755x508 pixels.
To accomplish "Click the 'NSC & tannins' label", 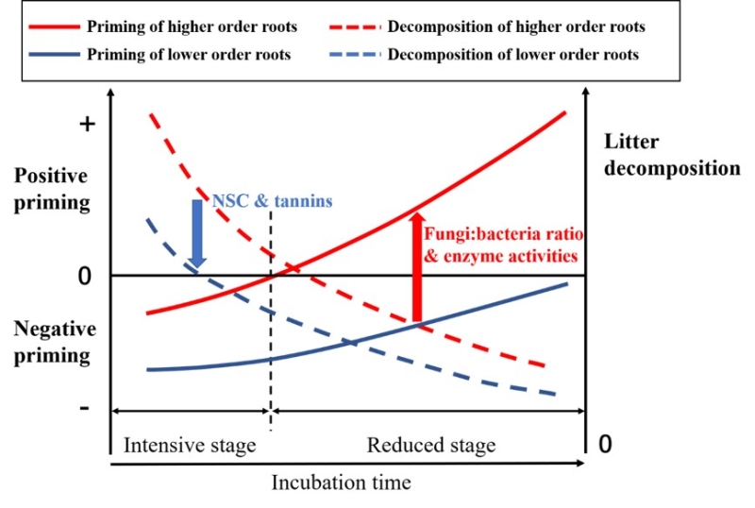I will [272, 201].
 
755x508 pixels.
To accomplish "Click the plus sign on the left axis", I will [85, 124].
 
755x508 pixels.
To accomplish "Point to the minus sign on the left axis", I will [85, 408].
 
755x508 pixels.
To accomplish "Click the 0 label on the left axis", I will [85, 277].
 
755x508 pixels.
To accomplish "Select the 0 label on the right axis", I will [610, 444].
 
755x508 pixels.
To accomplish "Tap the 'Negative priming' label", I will [55, 342].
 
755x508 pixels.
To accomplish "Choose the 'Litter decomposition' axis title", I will [671, 155].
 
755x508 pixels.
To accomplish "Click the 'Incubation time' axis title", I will [342, 483].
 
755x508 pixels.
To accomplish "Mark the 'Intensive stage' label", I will [190, 445].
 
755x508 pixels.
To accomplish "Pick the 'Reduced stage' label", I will [430, 445].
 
